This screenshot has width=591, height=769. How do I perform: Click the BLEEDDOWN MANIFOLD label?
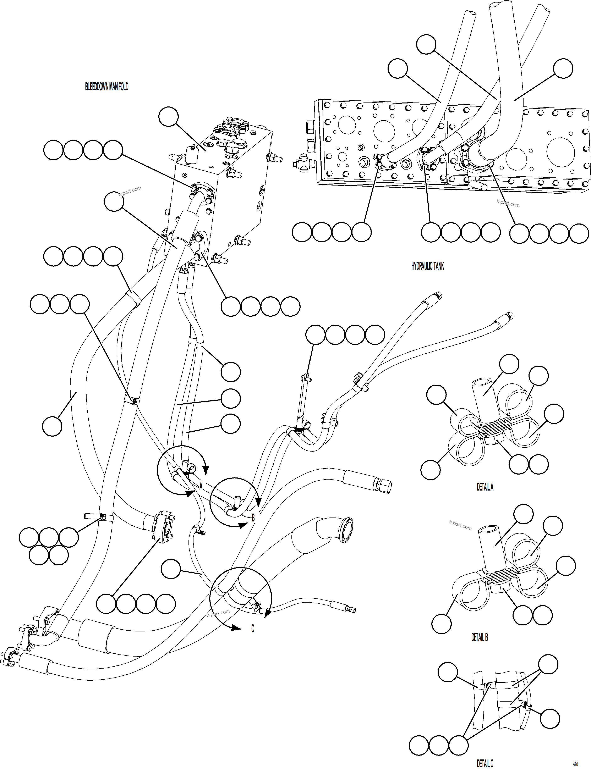coord(106,87)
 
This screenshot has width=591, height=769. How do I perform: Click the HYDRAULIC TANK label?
coord(427,266)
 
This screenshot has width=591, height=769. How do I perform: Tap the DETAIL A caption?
coord(485,487)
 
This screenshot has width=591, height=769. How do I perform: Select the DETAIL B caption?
coord(480,637)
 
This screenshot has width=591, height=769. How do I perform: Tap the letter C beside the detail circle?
coord(253,629)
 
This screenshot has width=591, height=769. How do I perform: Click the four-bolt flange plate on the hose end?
coord(163,527)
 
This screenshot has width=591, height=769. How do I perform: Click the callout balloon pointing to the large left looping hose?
coord(52,426)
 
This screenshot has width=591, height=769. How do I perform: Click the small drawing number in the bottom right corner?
coord(575,764)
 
